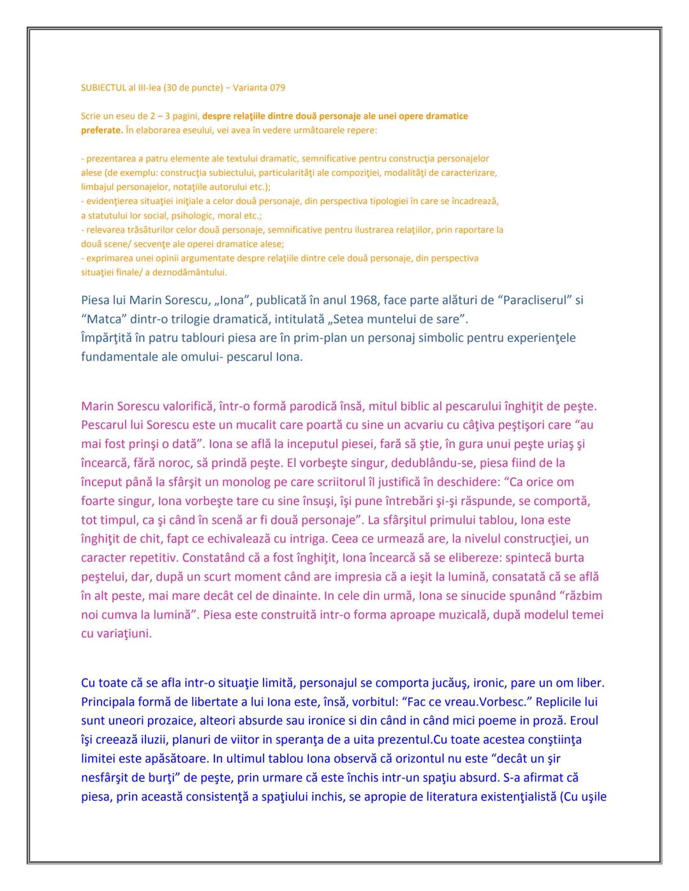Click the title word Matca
tap(105, 319)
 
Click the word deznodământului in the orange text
tap(188, 272)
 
